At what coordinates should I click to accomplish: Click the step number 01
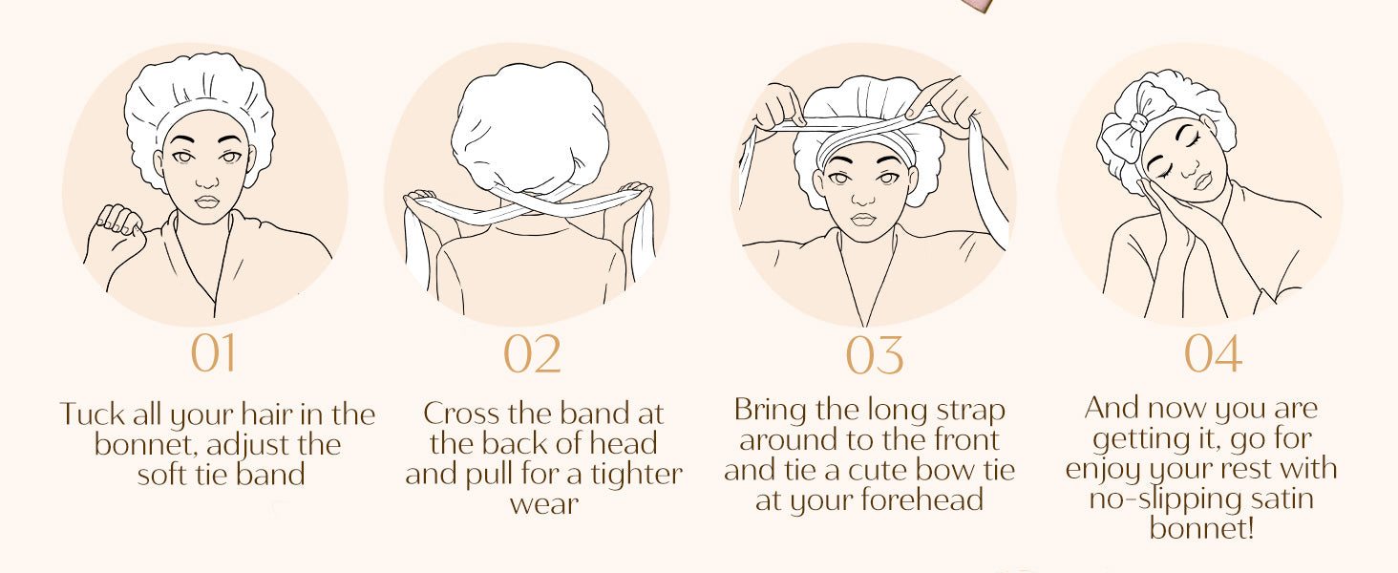pos(213,352)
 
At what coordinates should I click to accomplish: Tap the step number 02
pos(532,353)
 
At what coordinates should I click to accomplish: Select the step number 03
pos(875,355)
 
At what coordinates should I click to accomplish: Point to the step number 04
pos(1213,352)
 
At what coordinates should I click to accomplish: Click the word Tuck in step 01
pos(91,414)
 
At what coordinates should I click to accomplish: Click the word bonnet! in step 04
pos(1201,528)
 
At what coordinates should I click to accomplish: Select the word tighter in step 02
pos(637,474)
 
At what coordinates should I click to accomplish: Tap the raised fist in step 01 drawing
pos(117,223)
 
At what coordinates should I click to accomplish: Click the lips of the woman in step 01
pos(207,202)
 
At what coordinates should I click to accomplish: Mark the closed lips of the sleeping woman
pos(1200,181)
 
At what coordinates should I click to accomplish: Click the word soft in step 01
pos(163,474)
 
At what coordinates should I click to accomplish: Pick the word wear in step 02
pos(544,503)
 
